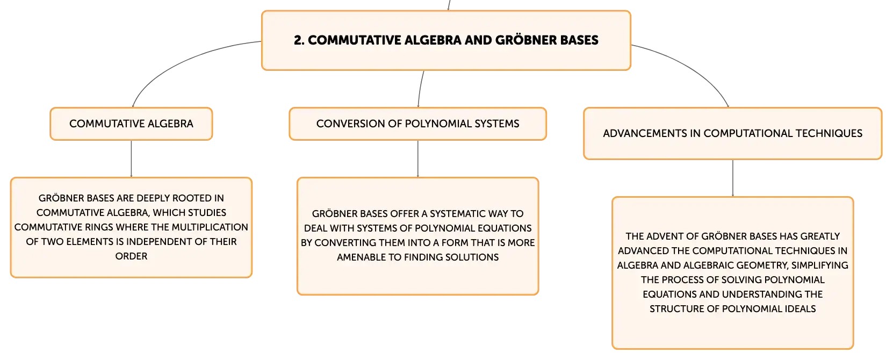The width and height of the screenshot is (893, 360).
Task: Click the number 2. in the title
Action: click(x=299, y=40)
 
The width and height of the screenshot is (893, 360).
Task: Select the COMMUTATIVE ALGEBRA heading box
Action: click(x=131, y=124)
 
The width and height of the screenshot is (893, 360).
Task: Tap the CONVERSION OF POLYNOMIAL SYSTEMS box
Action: click(x=418, y=124)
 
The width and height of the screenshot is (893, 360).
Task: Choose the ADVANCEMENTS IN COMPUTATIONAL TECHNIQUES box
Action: click(x=733, y=133)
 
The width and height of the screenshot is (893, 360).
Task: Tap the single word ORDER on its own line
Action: click(x=131, y=256)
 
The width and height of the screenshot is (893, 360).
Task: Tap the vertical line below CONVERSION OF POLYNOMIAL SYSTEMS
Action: click(x=418, y=159)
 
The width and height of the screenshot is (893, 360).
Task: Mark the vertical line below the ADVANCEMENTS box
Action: click(x=733, y=178)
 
